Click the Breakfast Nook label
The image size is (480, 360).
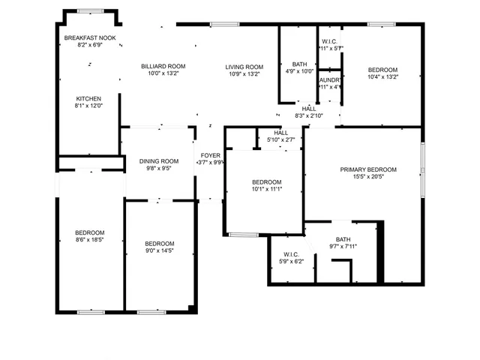point(89,37)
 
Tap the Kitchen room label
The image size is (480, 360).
point(88,98)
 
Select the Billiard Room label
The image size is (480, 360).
point(163,66)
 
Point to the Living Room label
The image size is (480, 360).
point(244,67)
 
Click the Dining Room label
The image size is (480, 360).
point(158,160)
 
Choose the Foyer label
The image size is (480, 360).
point(210,155)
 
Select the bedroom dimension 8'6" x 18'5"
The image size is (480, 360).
point(89,241)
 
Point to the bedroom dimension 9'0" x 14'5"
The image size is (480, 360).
point(159,252)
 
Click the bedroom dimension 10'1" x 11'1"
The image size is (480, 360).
point(266,190)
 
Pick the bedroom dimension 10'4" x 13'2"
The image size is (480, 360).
point(382,76)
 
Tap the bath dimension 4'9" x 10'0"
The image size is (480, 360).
point(299,73)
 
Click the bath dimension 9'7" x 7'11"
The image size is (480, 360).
point(343,247)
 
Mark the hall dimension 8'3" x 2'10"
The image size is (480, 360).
point(308,115)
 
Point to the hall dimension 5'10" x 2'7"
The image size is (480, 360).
point(280,139)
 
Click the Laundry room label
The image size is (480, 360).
point(330,79)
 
